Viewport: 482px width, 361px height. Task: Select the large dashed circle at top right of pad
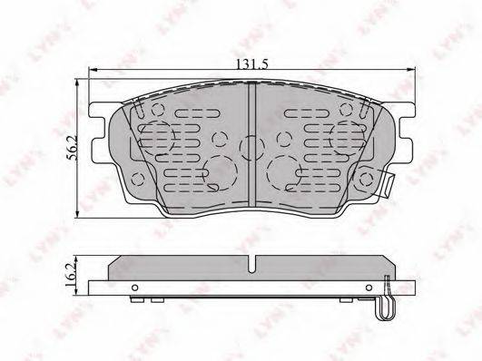pyautogui.click(x=346, y=136)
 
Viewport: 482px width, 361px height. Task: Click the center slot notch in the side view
pyautogui.click(x=251, y=266)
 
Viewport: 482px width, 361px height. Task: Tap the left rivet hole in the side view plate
pyautogui.click(x=134, y=290)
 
